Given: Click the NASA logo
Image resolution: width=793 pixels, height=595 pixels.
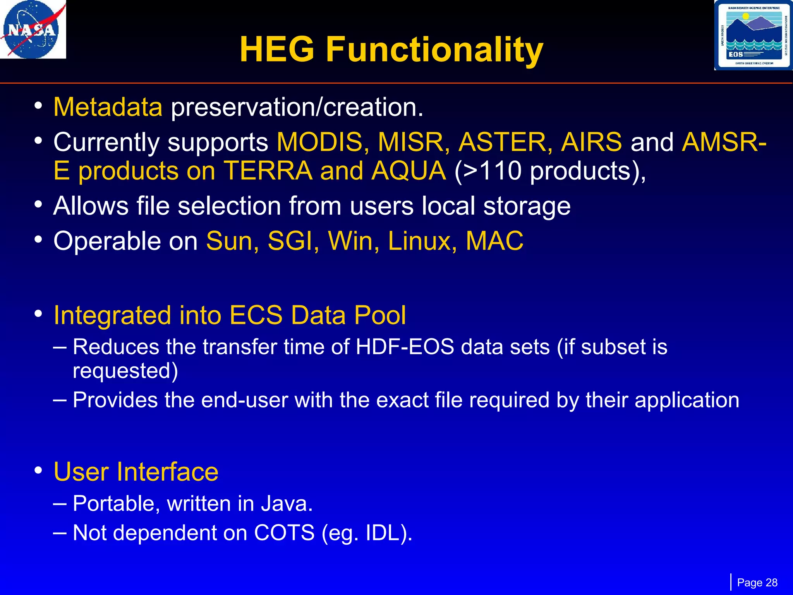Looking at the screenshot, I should click(x=33, y=29).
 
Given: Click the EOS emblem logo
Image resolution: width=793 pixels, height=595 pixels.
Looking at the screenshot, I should click(x=753, y=35).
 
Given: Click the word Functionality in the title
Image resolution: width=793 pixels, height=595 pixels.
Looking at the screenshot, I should click(x=434, y=50).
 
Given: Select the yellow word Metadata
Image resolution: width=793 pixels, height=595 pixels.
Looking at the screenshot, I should click(x=108, y=107).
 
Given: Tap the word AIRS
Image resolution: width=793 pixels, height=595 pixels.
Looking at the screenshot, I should click(x=591, y=142).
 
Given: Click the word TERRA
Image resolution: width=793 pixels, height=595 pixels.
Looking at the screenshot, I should click(x=268, y=170).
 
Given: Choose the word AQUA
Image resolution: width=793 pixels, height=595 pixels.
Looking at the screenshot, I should click(x=409, y=170).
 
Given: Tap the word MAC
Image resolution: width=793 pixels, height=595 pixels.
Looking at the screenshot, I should click(x=494, y=241).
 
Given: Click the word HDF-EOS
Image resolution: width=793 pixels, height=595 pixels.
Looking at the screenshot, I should click(x=405, y=347).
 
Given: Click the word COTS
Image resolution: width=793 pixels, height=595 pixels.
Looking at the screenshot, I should click(x=284, y=533).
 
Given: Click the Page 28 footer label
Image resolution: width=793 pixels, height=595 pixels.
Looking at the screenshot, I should click(x=757, y=583).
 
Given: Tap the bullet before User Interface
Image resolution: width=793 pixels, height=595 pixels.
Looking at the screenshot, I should click(x=38, y=471).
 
